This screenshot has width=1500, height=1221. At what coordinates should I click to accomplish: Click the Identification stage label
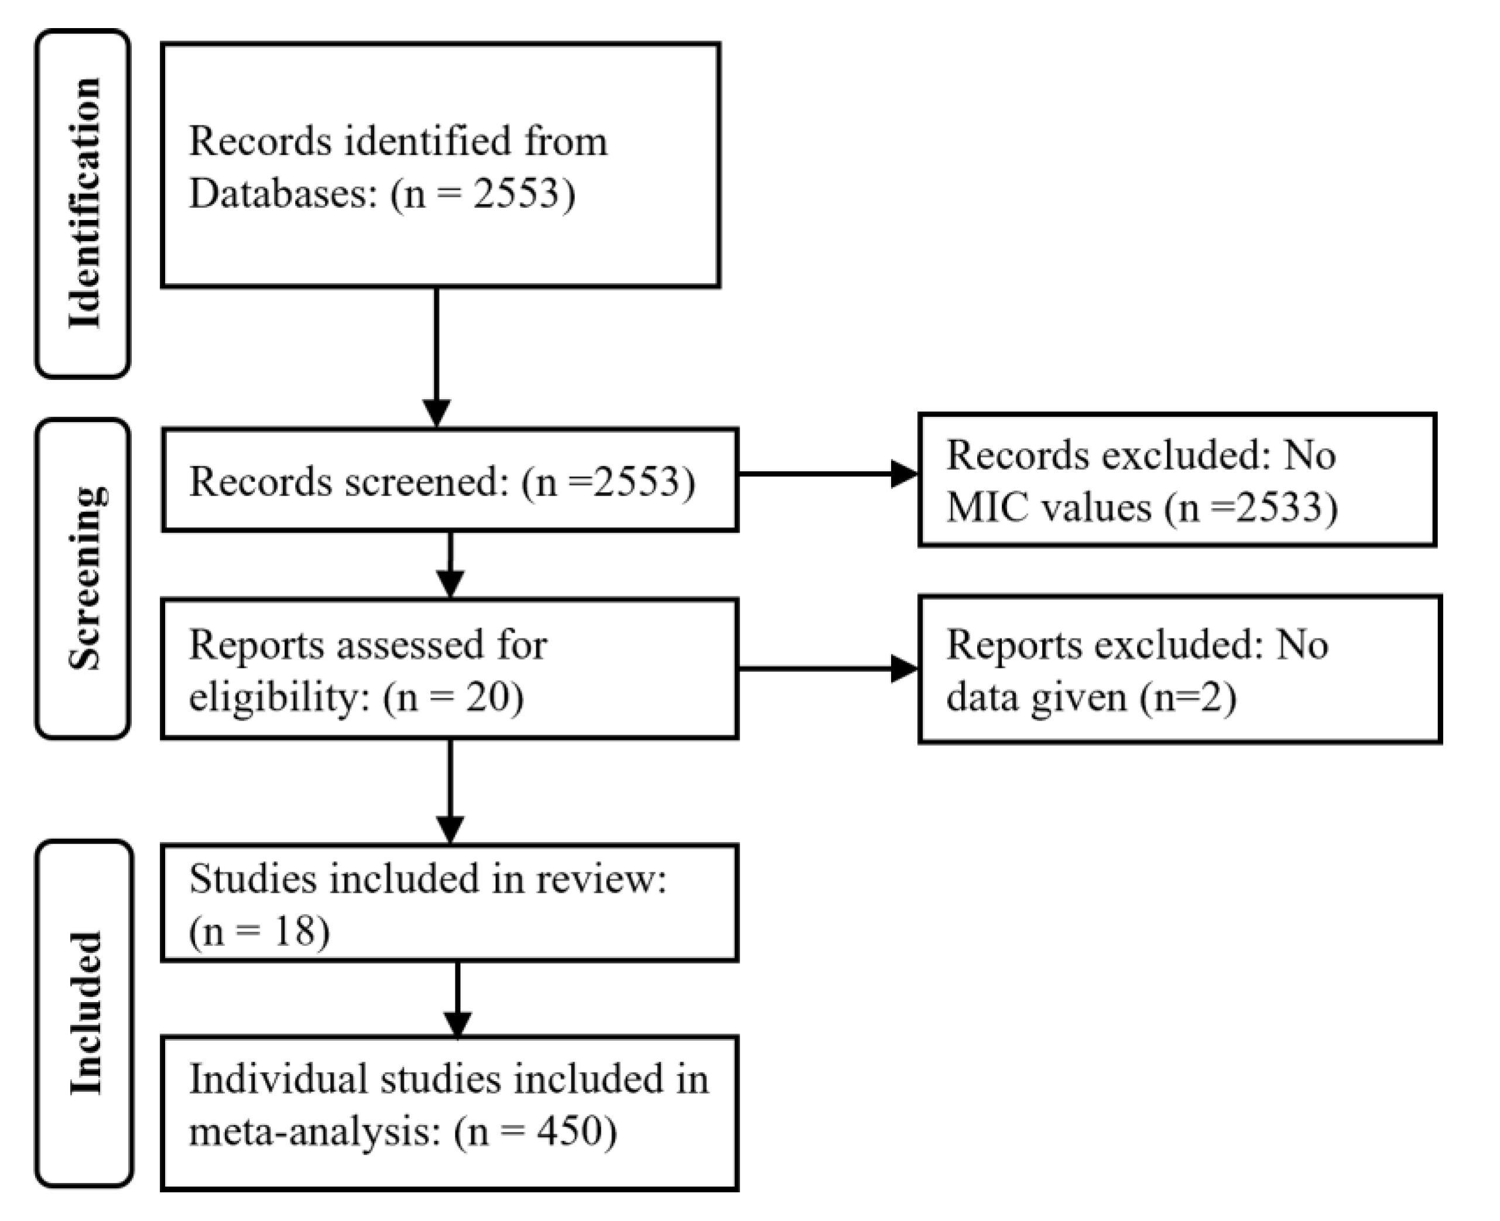(84, 203)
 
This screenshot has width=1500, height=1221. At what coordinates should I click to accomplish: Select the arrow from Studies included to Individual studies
(457, 999)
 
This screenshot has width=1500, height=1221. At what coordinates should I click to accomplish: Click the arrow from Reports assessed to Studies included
(450, 791)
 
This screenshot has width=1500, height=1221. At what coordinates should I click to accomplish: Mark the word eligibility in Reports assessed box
(279, 698)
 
